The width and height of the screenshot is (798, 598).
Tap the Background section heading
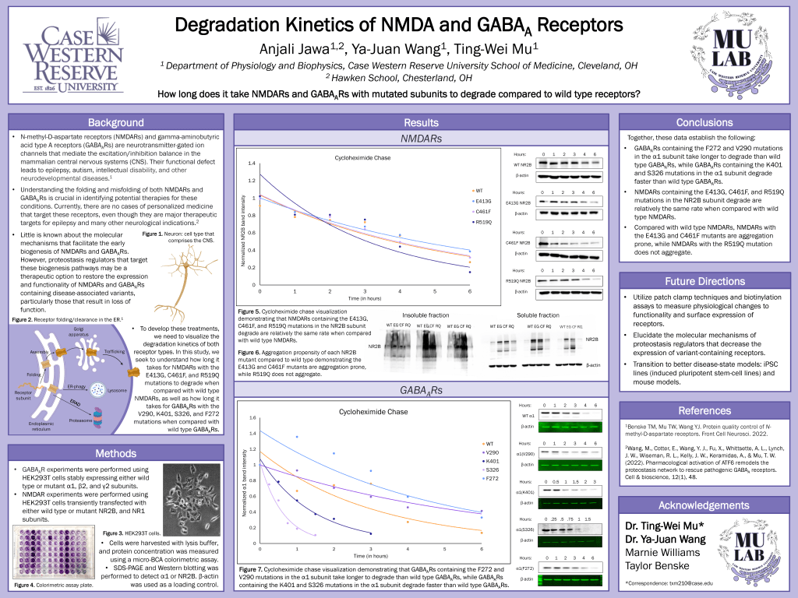[115, 122]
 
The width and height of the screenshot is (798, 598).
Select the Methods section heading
[115, 454]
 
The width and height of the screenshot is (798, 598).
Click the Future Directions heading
[704, 281]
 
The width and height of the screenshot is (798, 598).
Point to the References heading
[704, 410]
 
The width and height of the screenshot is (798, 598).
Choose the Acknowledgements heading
[704, 505]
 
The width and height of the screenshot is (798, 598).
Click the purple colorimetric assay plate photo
[55, 552]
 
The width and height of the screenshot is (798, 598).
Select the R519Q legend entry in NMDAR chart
[482, 222]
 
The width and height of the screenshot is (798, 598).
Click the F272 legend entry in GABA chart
[491, 478]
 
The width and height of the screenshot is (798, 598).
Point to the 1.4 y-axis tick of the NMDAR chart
[251, 164]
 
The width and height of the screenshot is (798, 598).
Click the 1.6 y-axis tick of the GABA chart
[251, 417]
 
